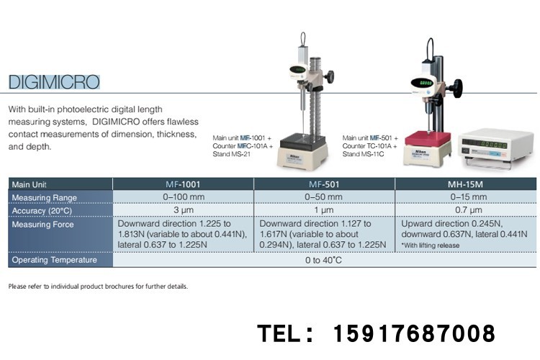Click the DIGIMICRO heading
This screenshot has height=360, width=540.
(x=54, y=81)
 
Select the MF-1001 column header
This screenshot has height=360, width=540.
(x=183, y=184)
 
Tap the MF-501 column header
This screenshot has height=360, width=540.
(x=324, y=184)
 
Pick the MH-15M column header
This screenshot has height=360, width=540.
(x=465, y=184)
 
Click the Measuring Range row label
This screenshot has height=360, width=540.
(x=43, y=197)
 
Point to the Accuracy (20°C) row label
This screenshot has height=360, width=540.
(x=43, y=210)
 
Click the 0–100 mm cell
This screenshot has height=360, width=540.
(x=183, y=197)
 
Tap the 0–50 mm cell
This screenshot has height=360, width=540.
(x=324, y=197)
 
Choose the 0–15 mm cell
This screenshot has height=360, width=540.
(x=465, y=197)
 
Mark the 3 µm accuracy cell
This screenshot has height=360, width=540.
(x=183, y=210)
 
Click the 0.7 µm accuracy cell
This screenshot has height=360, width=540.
(x=465, y=210)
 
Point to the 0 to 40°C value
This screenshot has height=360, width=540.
(x=324, y=260)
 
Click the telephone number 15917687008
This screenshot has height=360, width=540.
(x=413, y=334)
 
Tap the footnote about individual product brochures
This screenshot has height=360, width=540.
(x=98, y=286)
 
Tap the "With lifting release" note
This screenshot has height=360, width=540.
(x=432, y=246)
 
